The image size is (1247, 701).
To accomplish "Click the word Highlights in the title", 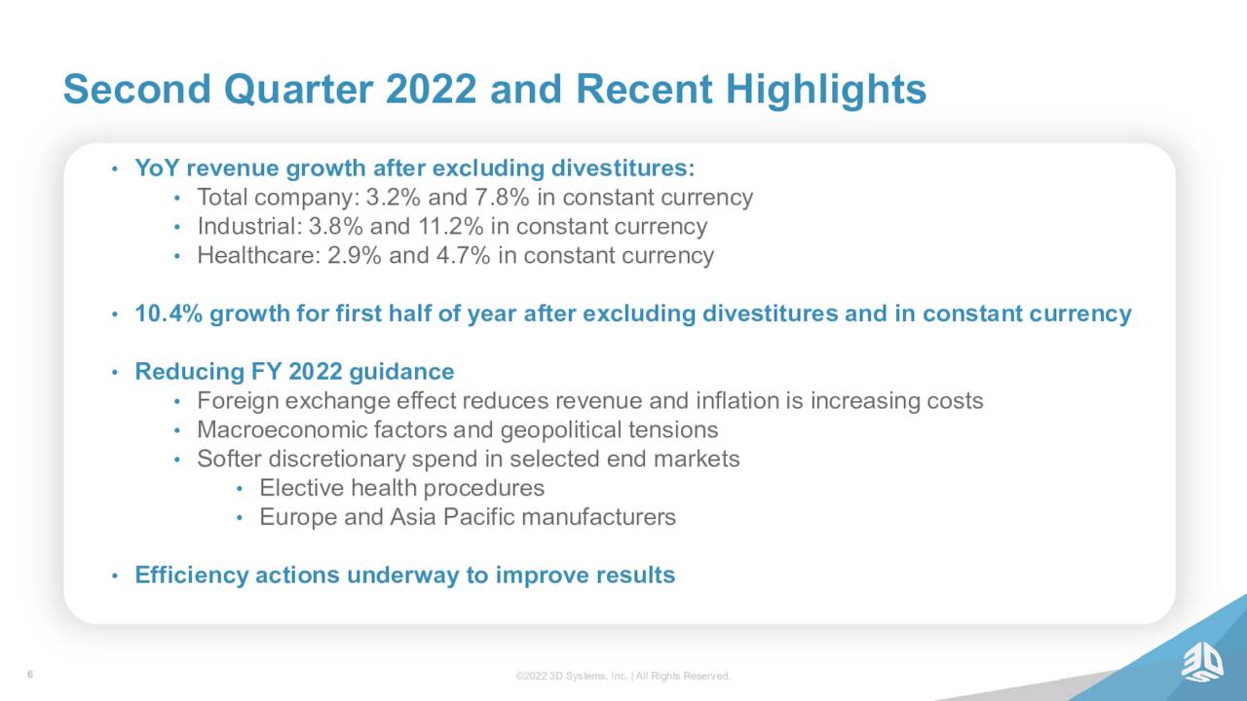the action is tap(826, 90).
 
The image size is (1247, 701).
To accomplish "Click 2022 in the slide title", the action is tap(431, 89).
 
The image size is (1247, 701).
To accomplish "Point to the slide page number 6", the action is tap(30, 675).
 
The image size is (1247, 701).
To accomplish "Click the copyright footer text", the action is tap(623, 676).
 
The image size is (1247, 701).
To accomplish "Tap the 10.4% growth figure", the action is tap(169, 314).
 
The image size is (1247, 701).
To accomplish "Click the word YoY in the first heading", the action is tap(157, 168).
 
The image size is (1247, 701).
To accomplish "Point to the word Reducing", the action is tap(189, 372).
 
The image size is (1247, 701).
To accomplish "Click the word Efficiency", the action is tap(192, 575).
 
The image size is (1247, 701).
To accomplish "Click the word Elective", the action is tap(302, 488).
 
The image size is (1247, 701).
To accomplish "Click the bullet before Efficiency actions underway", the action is tap(115, 575).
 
